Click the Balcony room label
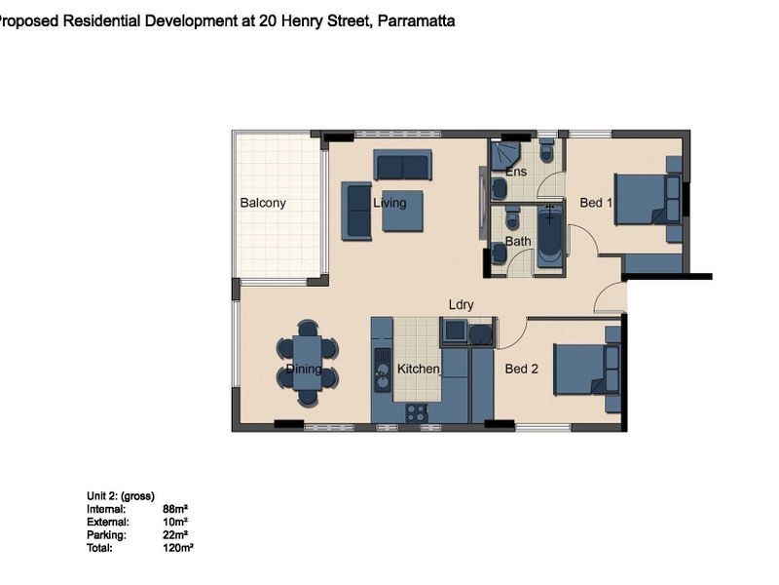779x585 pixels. pos(263,204)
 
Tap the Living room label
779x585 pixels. pos(389,204)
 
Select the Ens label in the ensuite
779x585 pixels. pos(516,173)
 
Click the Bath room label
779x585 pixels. pos(518,242)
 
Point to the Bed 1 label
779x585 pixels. pos(596,203)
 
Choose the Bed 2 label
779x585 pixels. pos(522,370)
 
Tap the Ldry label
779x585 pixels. pos(461,305)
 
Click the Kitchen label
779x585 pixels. pos(419,370)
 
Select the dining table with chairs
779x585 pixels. pos(307,364)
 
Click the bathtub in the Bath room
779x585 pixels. pos(550,235)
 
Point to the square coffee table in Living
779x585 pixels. pos(402,211)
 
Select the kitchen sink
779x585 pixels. pos(382,370)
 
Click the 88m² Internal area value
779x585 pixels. pos(174,509)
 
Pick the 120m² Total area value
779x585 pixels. pos(178,548)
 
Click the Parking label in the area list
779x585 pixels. pos(106,535)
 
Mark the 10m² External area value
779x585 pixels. pos(174,522)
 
